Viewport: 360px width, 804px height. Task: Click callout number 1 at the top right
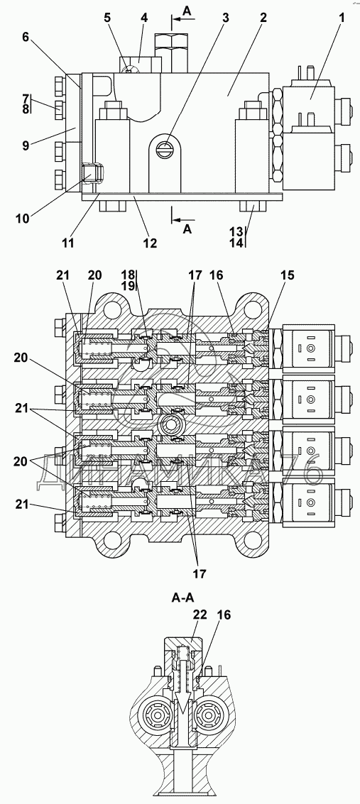(341, 18)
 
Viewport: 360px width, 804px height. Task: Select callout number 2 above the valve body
(263, 18)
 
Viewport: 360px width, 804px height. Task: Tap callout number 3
(226, 18)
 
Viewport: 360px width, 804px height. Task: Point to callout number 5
(107, 18)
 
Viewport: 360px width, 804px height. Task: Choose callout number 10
(22, 218)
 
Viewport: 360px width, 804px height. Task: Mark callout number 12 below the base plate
(150, 243)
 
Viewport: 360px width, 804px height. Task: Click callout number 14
(236, 243)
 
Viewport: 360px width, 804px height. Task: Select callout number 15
(287, 275)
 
